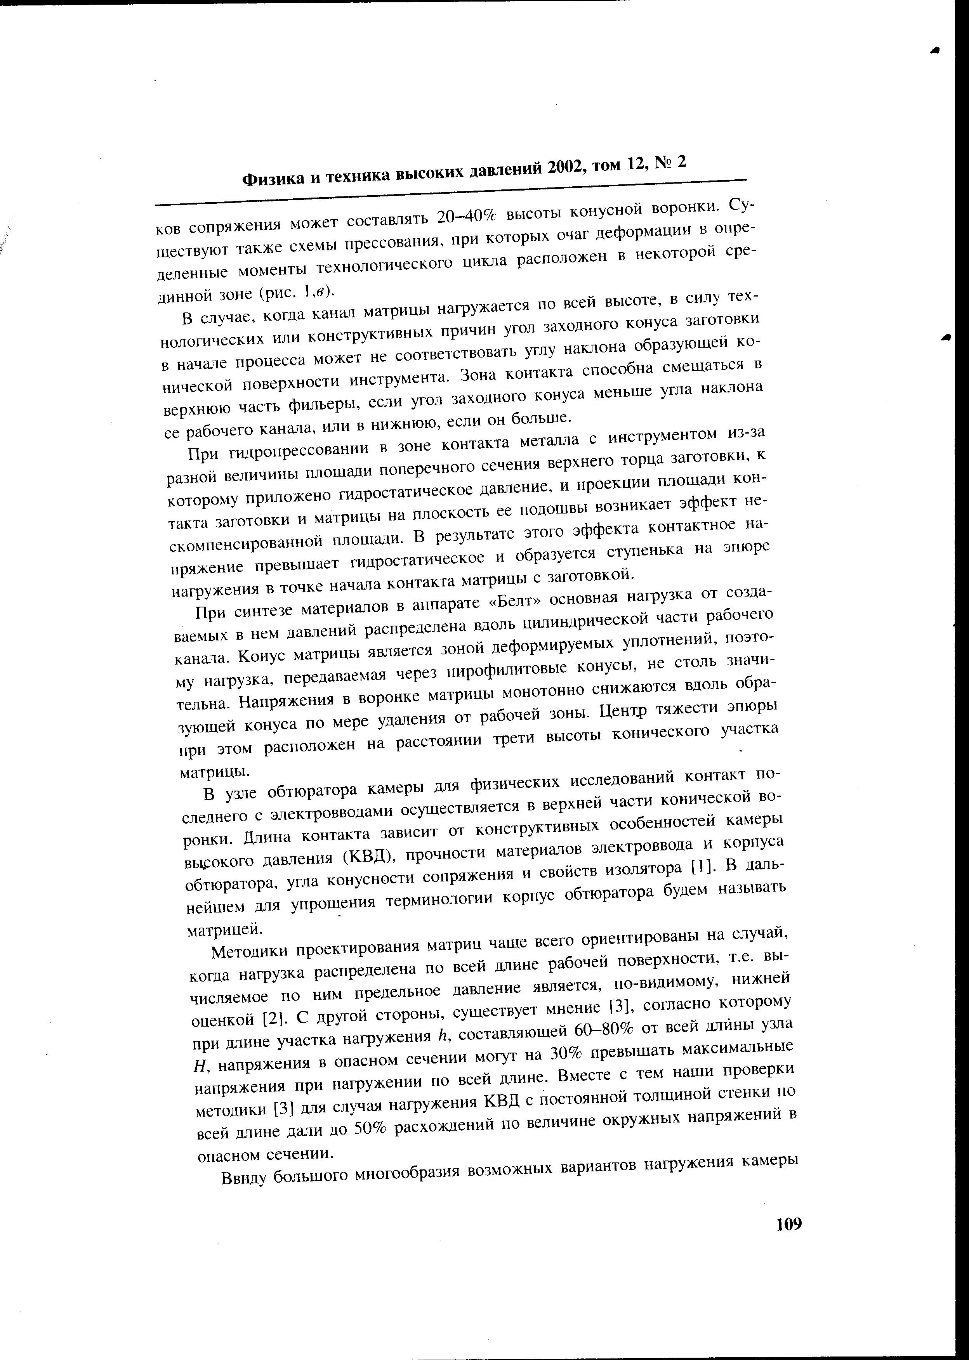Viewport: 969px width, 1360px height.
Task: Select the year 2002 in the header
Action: coord(572,169)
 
